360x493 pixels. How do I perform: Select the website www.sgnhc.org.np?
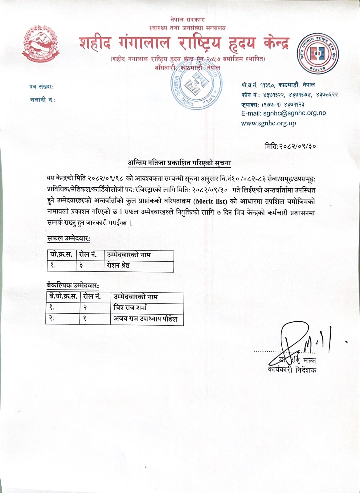click(268, 124)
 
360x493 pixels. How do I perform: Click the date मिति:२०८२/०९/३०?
click(290, 146)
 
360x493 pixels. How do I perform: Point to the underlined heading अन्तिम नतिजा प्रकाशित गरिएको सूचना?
click(179, 163)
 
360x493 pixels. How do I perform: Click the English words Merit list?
click(211, 202)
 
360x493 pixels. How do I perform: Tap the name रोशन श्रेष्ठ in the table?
click(118, 266)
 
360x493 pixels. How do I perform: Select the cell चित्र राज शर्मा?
click(130, 308)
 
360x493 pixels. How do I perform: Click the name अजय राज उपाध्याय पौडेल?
click(145, 319)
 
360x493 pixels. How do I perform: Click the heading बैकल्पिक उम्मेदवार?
click(73, 286)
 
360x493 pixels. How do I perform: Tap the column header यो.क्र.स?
click(61, 255)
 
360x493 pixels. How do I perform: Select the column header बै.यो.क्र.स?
click(63, 297)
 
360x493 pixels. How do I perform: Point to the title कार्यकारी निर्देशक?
click(292, 370)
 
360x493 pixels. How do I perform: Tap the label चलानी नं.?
click(43, 100)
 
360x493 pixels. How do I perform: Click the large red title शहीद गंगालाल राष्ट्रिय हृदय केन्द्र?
click(184, 43)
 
